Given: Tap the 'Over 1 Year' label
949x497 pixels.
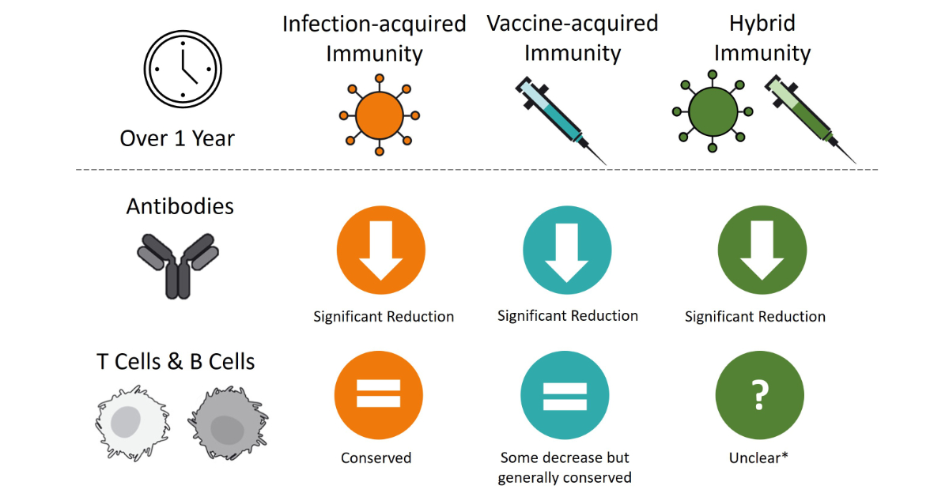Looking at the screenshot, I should tap(177, 139).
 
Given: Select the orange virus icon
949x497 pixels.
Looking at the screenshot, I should tap(380, 115).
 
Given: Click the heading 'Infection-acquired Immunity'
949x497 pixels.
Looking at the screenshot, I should tap(374, 39).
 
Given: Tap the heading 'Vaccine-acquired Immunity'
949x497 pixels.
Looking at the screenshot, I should tap(572, 38).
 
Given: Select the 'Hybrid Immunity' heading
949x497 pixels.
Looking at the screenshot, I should tap(762, 38).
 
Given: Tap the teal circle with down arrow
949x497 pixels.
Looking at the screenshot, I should tap(568, 248).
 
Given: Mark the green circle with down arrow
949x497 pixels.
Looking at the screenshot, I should tap(761, 248).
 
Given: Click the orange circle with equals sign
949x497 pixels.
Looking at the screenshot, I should tap(378, 395).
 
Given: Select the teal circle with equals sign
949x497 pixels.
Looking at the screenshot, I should tap(565, 395).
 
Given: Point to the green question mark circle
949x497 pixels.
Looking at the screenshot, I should tap(759, 395).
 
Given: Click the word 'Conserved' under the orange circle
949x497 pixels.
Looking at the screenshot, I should tap(376, 457).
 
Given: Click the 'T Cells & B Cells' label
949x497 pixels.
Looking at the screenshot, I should tap(176, 362).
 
